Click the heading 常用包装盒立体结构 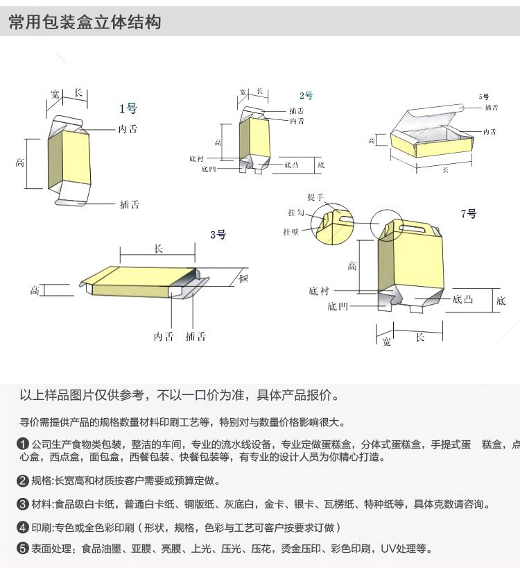click(x=85, y=22)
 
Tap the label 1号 click(x=128, y=108)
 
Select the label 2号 click(x=306, y=96)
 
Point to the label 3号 click(x=218, y=235)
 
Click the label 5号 click(x=483, y=97)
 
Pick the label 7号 click(x=469, y=214)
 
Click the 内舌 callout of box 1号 click(x=128, y=129)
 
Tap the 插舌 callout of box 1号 click(x=129, y=204)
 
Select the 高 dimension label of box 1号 click(x=20, y=162)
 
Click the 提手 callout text click(x=315, y=197)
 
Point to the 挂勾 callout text click(x=296, y=212)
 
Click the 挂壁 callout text click(x=291, y=231)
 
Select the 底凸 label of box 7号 click(x=462, y=299)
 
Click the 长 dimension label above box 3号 click(x=158, y=249)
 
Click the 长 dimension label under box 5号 click(x=445, y=170)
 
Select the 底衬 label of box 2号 click(x=196, y=158)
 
